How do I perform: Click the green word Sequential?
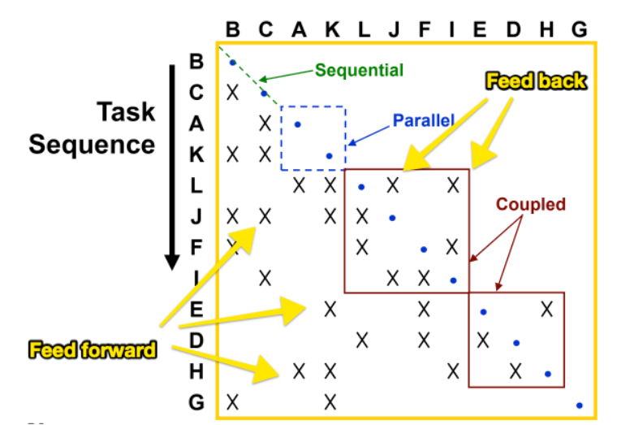359,71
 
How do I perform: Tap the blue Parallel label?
422,120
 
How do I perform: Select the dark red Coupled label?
533,204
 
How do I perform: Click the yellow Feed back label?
535,81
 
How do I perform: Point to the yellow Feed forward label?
92,351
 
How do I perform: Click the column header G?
578,30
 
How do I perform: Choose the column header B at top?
233,30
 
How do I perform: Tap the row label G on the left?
196,401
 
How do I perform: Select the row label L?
196,185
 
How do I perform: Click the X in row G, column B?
233,401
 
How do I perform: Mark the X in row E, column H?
546,308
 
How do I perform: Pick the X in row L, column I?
453,185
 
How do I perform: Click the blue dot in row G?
579,404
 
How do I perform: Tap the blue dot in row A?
298,124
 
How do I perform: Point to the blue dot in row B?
233,63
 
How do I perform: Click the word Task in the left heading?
126,112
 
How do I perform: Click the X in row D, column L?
362,339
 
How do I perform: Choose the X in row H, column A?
299,371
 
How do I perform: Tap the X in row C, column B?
233,91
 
